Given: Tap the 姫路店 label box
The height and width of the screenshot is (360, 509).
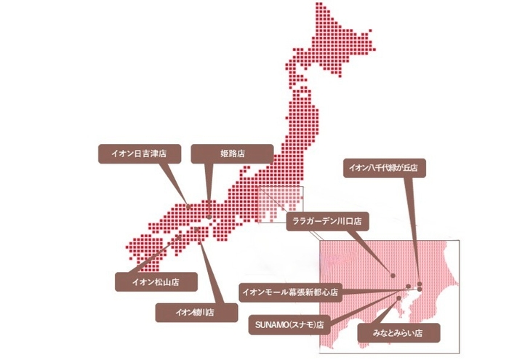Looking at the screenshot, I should click(x=232, y=154).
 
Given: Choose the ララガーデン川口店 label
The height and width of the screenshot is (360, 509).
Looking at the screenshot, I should click(x=328, y=219).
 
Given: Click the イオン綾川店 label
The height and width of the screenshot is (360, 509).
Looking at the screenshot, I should click(x=196, y=312).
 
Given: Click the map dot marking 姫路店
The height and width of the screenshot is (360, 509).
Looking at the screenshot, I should click(x=209, y=216).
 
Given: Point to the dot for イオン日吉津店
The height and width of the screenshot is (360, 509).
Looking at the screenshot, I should click(x=190, y=206).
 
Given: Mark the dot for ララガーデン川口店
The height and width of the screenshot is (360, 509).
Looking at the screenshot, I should click(x=393, y=276).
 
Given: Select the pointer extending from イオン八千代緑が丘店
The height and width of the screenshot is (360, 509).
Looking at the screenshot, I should click(x=412, y=225).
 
